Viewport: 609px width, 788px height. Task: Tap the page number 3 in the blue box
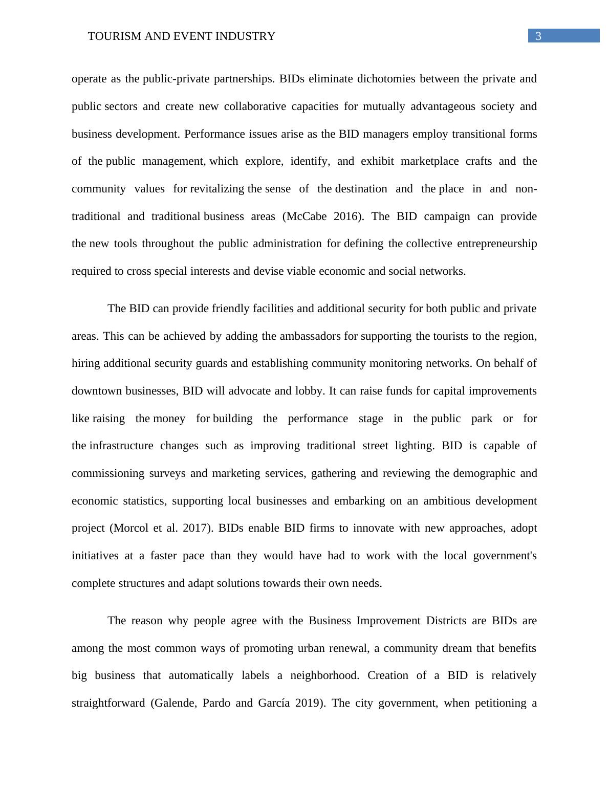tap(538, 36)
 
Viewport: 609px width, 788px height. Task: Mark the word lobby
tap(310, 391)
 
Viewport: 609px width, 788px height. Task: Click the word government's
tap(505, 556)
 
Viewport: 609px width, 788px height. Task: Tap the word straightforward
tap(108, 703)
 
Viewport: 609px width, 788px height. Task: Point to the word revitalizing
tap(217, 189)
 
